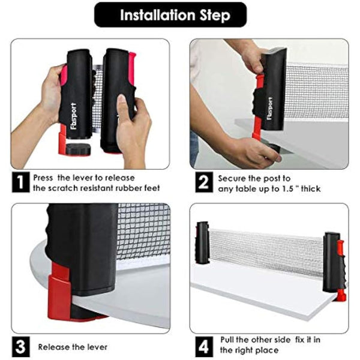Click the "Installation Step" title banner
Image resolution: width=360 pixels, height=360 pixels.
click(170, 15)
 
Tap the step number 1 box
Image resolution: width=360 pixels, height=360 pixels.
click(20, 182)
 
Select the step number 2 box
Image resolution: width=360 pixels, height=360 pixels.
click(204, 182)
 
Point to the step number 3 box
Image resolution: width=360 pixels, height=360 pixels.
click(20, 347)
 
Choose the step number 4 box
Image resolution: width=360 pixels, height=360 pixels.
click(204, 347)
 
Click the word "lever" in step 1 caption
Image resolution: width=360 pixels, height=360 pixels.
click(83, 178)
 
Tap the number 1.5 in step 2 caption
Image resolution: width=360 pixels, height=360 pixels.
click(289, 189)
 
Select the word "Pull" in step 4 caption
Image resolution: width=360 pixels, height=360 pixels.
click(228, 340)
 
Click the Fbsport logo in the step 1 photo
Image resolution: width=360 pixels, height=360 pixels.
click(74, 116)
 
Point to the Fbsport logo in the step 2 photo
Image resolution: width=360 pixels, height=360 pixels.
click(270, 109)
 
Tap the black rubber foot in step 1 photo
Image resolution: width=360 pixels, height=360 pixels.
click(78, 149)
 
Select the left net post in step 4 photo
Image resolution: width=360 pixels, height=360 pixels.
click(202, 242)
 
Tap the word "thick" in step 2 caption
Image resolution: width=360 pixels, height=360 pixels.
click(311, 189)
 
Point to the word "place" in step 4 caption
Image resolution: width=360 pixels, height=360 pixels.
click(268, 350)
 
